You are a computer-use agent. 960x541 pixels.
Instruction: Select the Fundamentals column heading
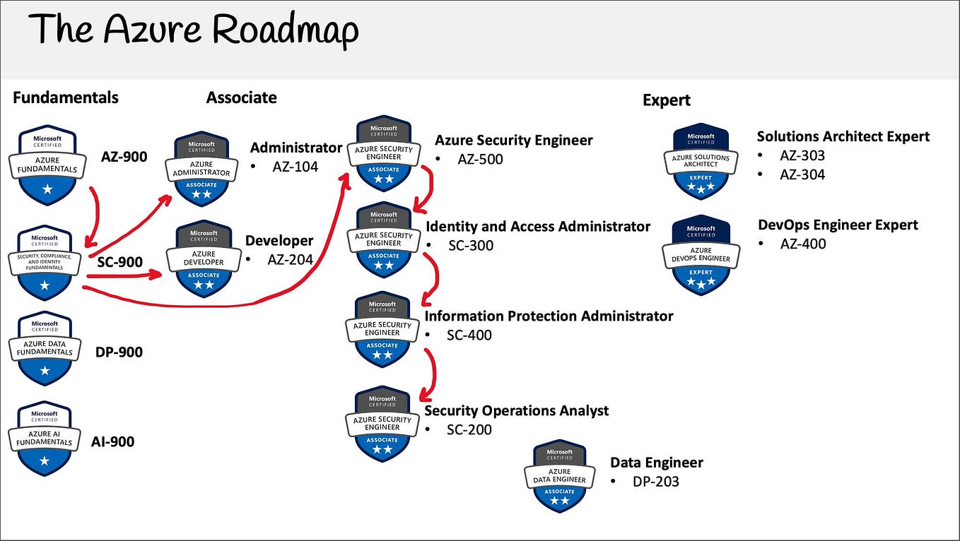click(x=66, y=97)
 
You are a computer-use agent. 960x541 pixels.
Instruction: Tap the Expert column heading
click(x=666, y=100)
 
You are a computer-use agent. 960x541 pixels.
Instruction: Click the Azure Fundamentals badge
click(x=45, y=165)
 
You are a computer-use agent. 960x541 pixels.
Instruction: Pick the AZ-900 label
click(x=124, y=156)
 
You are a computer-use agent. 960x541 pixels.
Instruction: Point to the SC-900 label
click(x=120, y=262)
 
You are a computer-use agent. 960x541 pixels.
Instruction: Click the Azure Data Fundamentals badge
click(x=45, y=347)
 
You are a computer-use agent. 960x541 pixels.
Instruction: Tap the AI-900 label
click(x=112, y=442)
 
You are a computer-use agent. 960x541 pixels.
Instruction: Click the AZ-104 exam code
click(x=295, y=167)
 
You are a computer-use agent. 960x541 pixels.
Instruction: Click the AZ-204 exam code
click(x=290, y=259)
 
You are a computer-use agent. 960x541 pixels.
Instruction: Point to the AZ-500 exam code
click(x=480, y=159)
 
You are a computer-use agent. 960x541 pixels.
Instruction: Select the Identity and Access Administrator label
click(x=538, y=227)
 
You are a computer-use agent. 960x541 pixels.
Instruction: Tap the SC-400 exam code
click(x=469, y=335)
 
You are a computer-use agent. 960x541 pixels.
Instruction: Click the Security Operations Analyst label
click(x=516, y=410)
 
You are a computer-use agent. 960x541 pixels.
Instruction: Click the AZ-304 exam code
click(x=802, y=174)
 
